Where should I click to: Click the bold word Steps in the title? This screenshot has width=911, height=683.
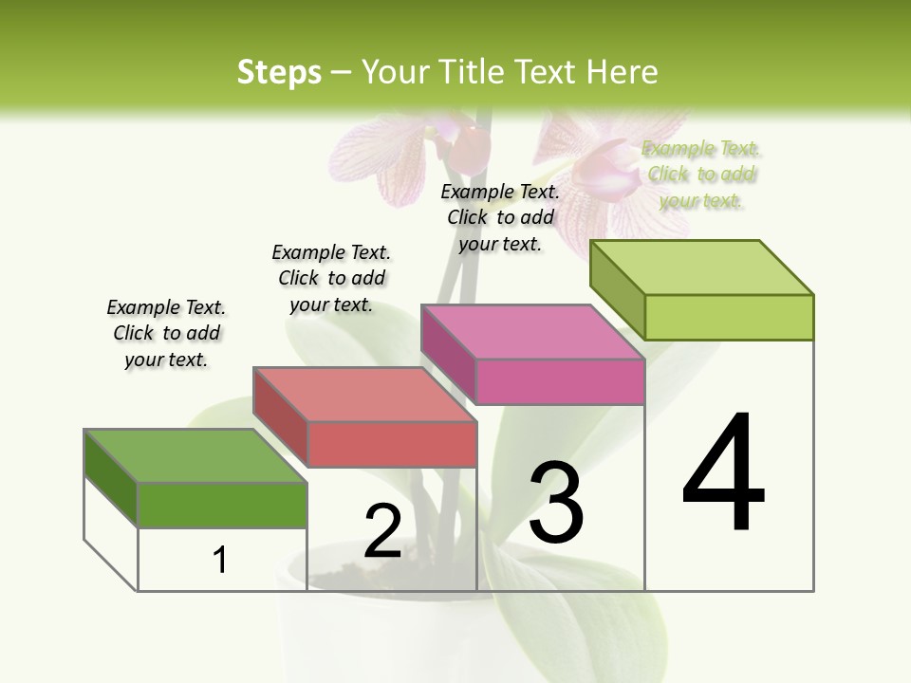tap(279, 72)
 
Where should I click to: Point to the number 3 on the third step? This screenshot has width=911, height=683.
tap(556, 502)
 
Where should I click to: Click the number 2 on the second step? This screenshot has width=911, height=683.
tap(382, 530)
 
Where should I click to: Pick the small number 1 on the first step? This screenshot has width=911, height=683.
tap(220, 560)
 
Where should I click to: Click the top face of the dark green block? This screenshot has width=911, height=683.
tap(195, 455)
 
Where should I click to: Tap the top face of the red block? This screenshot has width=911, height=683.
tap(364, 394)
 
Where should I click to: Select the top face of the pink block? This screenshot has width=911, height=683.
tap(531, 332)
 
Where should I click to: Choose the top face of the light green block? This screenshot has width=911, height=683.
tap(701, 268)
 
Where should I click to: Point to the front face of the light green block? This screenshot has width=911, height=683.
tap(729, 317)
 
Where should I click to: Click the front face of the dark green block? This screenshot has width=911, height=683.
tap(222, 505)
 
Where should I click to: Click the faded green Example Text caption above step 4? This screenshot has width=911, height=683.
tap(701, 175)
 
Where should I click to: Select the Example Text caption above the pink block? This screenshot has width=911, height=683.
tap(500, 217)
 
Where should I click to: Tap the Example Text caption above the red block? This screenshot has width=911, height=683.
tap(331, 278)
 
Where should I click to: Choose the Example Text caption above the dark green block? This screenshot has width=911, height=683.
tap(166, 333)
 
